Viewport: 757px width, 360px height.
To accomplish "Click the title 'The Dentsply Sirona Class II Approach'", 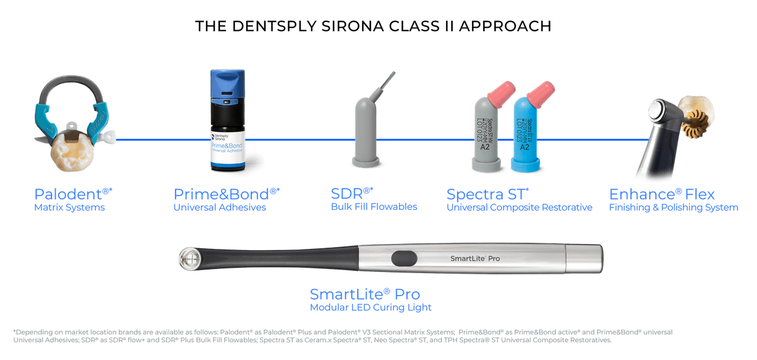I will (x=373, y=26).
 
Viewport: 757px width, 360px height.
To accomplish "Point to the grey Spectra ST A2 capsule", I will (x=488, y=134).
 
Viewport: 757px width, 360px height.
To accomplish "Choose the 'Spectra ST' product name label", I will (x=488, y=194).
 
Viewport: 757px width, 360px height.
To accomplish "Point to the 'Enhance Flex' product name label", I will (x=662, y=194).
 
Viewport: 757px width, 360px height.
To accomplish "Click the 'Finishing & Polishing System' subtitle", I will (x=674, y=207).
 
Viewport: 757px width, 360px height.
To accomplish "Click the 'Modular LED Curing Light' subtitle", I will (x=371, y=307).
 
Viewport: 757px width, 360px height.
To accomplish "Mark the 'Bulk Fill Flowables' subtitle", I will (x=374, y=207).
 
